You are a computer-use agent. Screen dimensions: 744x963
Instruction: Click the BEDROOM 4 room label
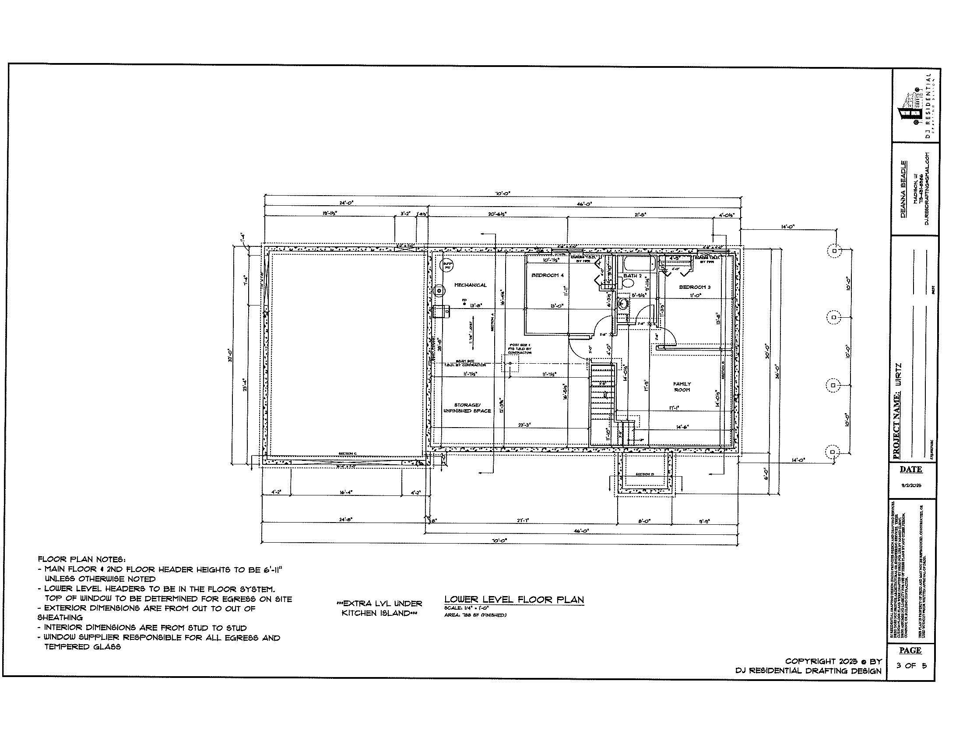pos(547,275)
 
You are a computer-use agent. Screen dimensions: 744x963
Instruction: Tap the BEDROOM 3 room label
pos(695,287)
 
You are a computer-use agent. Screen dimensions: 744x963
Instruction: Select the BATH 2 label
pos(633,276)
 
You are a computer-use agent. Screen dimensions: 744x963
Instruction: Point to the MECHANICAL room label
pos(471,285)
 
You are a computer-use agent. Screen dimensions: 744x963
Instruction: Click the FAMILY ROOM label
pos(682,387)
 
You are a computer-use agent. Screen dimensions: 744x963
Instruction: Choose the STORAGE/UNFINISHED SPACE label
pos(467,408)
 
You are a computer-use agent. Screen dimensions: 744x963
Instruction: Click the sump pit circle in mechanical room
pos(446,265)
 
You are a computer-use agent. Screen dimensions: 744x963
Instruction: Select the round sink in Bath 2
pos(623,304)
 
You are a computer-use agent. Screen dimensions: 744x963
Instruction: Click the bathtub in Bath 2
pos(638,265)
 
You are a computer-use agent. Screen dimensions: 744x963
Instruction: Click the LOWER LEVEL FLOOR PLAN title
pos(514,600)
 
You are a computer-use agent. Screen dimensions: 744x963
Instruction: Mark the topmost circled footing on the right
pos(834,251)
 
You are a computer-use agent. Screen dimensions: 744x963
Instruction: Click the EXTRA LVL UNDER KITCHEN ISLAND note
pos(379,608)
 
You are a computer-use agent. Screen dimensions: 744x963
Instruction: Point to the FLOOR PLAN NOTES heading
pos(81,559)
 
